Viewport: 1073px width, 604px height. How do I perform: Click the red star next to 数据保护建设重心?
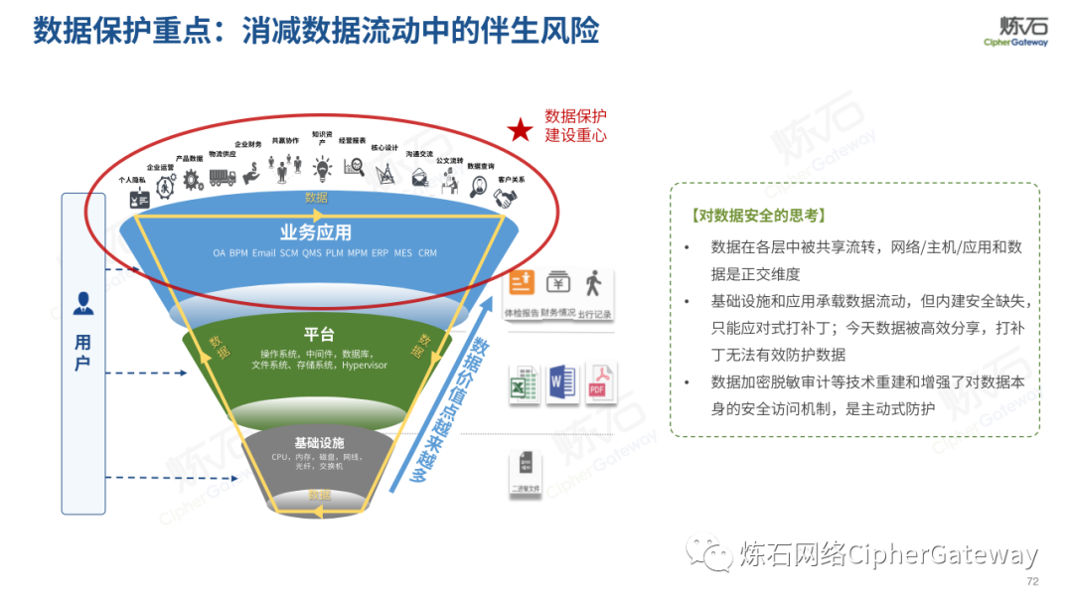click(519, 130)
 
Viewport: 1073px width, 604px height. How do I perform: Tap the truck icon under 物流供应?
click(223, 177)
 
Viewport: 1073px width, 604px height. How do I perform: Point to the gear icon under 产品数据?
click(191, 179)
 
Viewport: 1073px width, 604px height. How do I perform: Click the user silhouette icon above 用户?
click(83, 303)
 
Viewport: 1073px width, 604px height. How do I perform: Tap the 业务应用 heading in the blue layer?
click(316, 232)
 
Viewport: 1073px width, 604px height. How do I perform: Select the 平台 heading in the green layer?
click(319, 334)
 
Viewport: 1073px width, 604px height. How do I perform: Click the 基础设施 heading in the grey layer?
click(319, 442)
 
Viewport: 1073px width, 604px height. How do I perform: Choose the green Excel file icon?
click(525, 383)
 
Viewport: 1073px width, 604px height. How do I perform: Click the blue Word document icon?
click(561, 383)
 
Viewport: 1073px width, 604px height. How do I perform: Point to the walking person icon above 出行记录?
click(593, 283)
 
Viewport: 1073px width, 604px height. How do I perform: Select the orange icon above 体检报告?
click(523, 283)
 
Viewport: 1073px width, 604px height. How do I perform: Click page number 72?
click(1031, 581)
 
